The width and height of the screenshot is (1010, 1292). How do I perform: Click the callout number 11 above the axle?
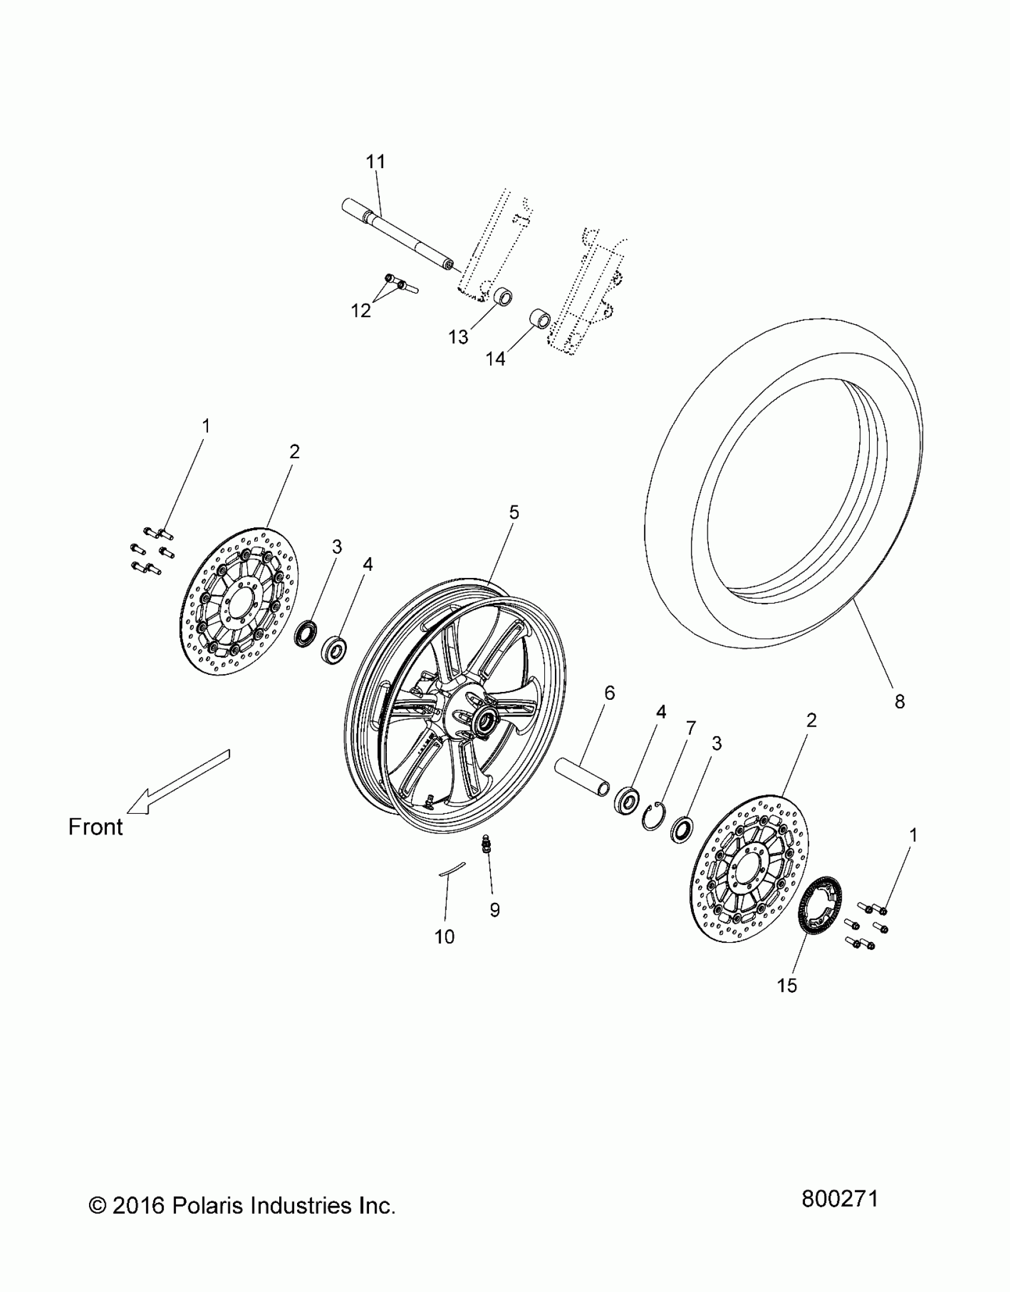(x=375, y=162)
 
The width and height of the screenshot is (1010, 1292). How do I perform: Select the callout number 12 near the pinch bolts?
(x=361, y=310)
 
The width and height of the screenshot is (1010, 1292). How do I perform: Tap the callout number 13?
(x=458, y=337)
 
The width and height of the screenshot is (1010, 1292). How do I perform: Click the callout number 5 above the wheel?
(x=514, y=512)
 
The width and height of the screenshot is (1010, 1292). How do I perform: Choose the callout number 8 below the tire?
(x=899, y=702)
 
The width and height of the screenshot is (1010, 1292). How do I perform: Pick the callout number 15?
(x=787, y=985)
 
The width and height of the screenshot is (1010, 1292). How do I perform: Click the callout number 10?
(x=444, y=937)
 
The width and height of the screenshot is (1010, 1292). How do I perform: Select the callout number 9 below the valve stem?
(x=495, y=909)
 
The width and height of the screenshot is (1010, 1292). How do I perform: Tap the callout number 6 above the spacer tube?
(x=610, y=693)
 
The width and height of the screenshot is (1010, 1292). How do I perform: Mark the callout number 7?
(x=690, y=729)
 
